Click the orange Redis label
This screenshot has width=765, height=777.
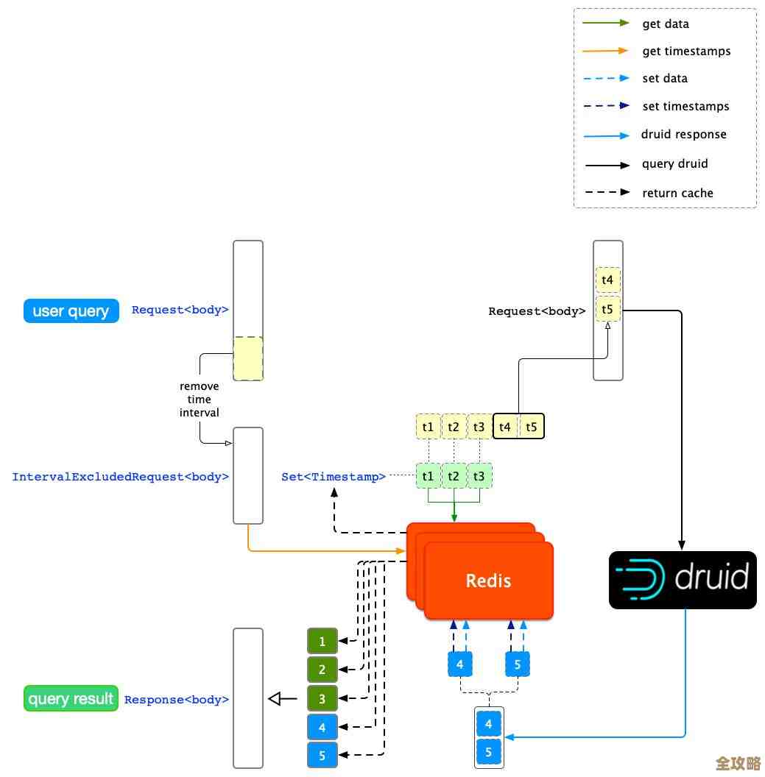[x=488, y=581]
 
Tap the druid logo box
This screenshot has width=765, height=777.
[x=683, y=579]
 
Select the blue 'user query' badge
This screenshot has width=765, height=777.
[x=71, y=311]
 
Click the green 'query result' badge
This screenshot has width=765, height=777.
[x=71, y=698]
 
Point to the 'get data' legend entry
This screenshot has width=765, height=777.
[x=665, y=24]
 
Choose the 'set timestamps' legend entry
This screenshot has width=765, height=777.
[x=685, y=106]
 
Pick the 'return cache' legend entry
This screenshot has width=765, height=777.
[x=677, y=193]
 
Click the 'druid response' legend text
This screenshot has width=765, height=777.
[x=683, y=135]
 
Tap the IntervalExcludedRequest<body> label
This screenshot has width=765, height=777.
[x=121, y=477]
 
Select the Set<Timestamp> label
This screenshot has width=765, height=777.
[x=334, y=477]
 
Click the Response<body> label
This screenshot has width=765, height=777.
[x=177, y=700]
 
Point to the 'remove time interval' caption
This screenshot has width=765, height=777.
[x=200, y=400]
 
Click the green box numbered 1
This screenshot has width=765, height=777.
[x=322, y=642]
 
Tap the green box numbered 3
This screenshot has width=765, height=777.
[x=322, y=698]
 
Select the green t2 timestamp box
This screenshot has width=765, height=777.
[x=454, y=476]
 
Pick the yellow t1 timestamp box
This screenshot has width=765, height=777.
[x=428, y=427]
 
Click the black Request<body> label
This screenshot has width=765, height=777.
[x=537, y=311]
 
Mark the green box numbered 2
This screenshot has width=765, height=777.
[x=322, y=670]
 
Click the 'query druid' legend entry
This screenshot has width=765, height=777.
[x=675, y=163]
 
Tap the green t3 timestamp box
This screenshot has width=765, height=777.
[x=479, y=476]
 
